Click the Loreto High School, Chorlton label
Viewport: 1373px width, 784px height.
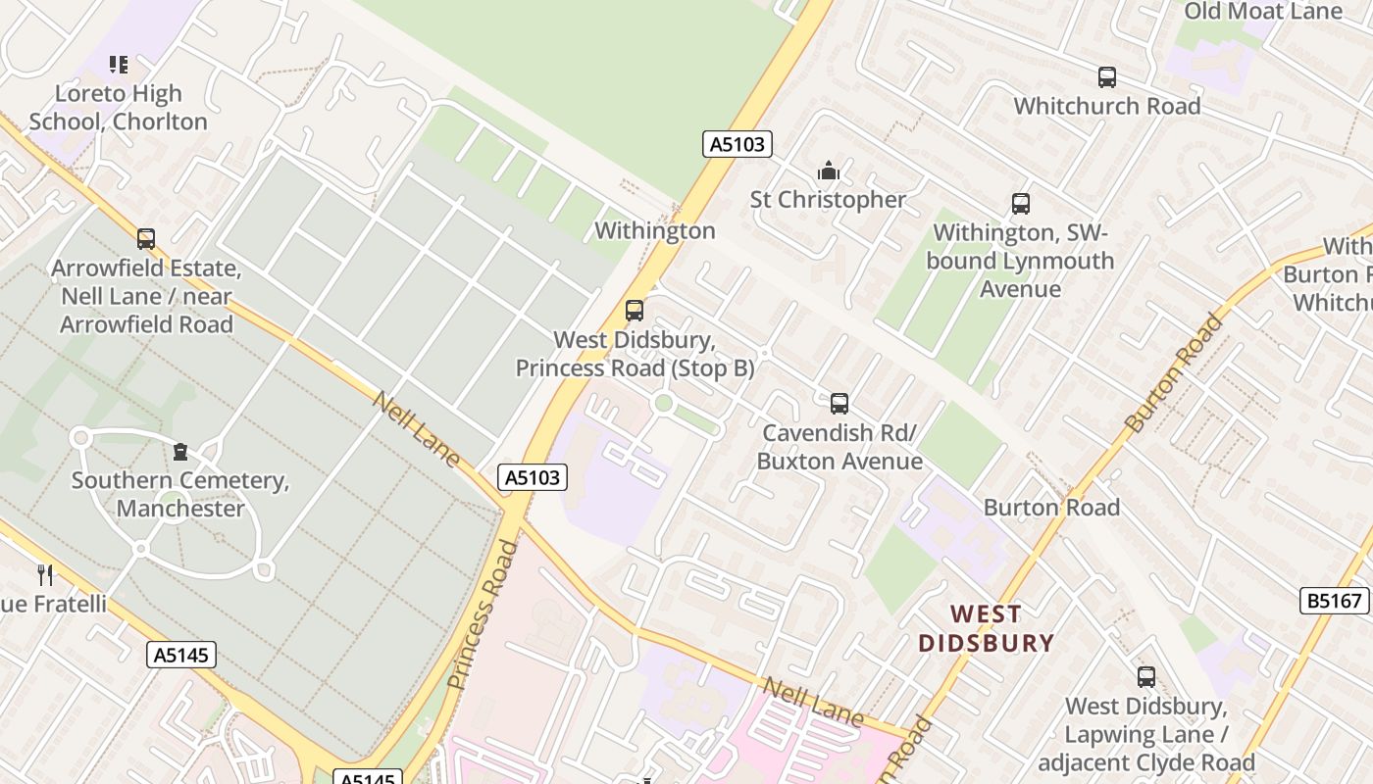(118, 108)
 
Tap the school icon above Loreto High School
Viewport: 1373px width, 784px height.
(119, 65)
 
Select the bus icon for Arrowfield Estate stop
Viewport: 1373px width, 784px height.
(146, 238)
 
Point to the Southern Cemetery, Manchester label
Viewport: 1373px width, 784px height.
(180, 494)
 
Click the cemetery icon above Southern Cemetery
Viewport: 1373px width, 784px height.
(180, 452)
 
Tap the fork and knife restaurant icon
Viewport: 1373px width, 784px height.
(44, 574)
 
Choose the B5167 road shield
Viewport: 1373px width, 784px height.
(1335, 601)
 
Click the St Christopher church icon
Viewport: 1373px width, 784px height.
(829, 171)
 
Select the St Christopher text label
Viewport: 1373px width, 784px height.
(829, 200)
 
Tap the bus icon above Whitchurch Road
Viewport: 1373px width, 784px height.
(1107, 76)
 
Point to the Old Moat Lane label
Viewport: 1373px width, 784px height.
(1263, 12)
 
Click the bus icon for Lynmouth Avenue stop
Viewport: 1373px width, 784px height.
(1021, 204)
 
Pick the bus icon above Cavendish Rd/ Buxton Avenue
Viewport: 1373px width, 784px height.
(839, 403)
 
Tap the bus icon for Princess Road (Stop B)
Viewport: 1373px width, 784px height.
(635, 311)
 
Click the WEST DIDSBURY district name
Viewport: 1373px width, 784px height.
(985, 628)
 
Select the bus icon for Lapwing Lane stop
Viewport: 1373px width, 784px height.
(1145, 676)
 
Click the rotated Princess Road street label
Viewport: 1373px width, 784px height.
(483, 613)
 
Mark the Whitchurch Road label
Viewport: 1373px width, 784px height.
(1107, 106)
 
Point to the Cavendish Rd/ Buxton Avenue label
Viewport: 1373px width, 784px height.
(839, 447)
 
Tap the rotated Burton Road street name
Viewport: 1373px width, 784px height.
(1176, 372)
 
